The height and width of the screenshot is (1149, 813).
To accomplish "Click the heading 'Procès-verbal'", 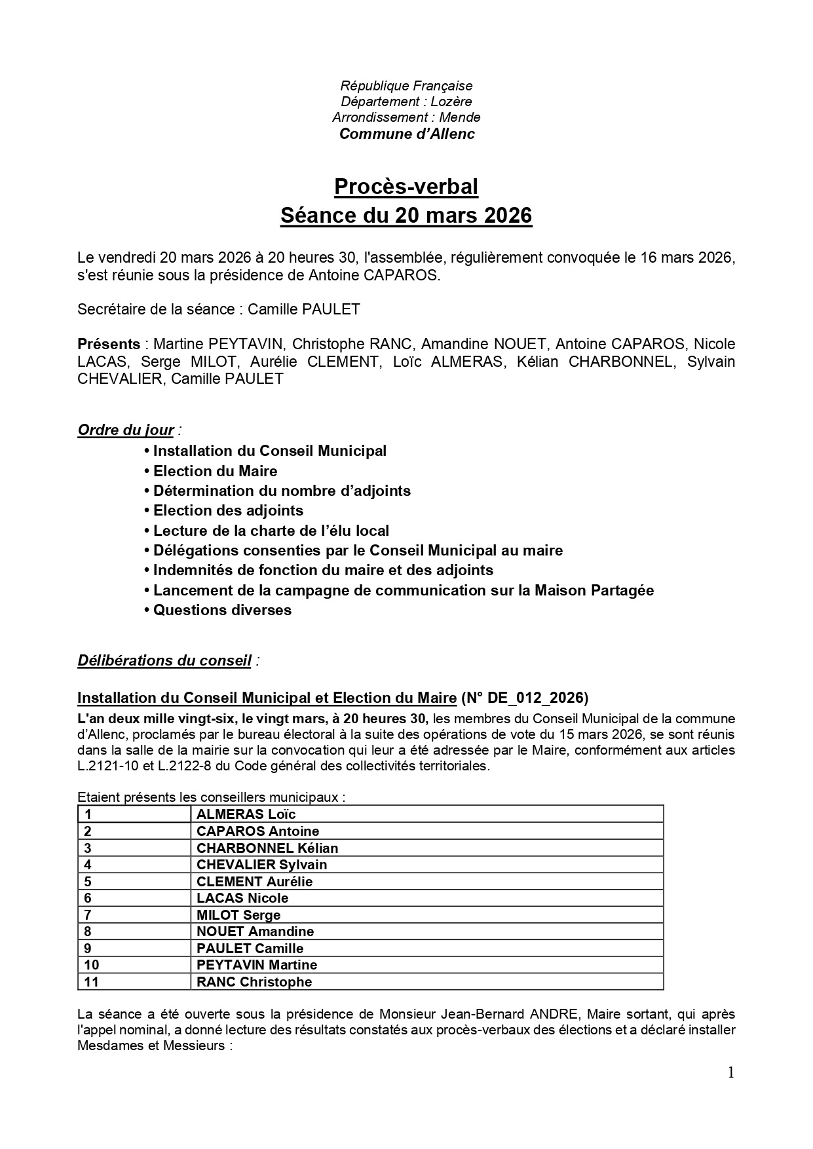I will tap(406, 187).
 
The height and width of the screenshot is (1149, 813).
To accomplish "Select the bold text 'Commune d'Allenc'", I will tap(406, 134).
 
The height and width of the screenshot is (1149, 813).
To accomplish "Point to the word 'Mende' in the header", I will tap(460, 118).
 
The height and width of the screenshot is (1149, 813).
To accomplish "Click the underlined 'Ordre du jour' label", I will tap(126, 430).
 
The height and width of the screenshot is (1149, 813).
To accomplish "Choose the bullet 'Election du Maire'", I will tap(215, 471).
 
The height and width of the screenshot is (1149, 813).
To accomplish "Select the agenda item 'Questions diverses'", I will tap(222, 611).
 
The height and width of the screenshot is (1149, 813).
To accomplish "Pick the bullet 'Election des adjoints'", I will tap(228, 510).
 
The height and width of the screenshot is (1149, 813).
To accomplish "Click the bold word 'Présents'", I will tap(109, 345).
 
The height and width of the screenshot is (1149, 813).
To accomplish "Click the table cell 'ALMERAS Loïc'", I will tap(246, 814).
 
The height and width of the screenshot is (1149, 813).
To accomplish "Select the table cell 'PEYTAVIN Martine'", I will tap(257, 965).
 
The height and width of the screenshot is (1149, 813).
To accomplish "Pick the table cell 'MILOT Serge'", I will tap(238, 915).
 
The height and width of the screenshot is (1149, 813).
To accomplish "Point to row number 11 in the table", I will tap(92, 982).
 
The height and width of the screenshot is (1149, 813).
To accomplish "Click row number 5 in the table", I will tap(88, 882).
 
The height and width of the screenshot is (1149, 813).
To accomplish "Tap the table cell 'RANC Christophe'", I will tap(254, 982).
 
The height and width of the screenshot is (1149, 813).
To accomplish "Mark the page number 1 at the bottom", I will tap(731, 1072).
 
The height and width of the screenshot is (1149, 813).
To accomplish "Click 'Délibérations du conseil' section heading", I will tap(164, 661).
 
